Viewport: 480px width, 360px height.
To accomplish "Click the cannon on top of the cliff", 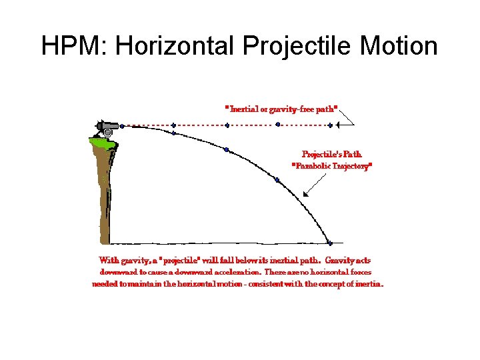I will (107, 125).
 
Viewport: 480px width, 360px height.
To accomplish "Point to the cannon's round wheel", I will (109, 132).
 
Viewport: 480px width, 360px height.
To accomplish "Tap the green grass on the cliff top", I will (99, 141).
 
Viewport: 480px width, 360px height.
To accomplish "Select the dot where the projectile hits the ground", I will (330, 241).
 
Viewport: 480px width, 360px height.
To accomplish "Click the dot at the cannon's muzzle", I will (122, 125).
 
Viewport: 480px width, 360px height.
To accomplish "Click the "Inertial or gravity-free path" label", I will (281, 107).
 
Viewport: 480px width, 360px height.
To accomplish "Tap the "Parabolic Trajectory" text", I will (332, 166).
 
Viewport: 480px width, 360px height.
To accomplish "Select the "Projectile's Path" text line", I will (331, 153).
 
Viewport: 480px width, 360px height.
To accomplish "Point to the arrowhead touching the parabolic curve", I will (305, 194).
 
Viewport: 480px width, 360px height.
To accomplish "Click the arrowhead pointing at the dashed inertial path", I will (340, 124).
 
